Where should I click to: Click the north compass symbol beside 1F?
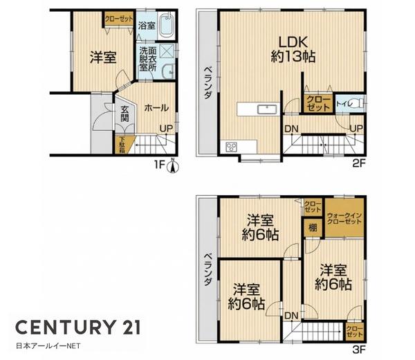click(x=172, y=166)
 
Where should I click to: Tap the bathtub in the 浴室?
click(x=166, y=25)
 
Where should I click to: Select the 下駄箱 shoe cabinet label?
click(x=122, y=145)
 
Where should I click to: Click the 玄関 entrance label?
click(x=125, y=114)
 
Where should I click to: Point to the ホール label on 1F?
click(x=156, y=108)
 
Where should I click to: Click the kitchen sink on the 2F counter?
click(x=267, y=109)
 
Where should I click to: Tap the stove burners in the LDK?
click(x=231, y=147)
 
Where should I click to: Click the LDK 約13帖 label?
click(x=293, y=50)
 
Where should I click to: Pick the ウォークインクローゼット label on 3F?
click(x=344, y=219)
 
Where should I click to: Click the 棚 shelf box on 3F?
click(x=313, y=228)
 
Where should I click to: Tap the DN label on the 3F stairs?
click(x=292, y=316)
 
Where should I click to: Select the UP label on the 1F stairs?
click(x=166, y=129)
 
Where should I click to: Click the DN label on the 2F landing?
click(x=292, y=129)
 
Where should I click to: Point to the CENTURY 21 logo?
click(x=77, y=327)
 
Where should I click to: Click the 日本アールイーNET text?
click(x=48, y=346)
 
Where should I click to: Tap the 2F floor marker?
click(x=359, y=163)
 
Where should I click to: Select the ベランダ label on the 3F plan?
click(x=208, y=269)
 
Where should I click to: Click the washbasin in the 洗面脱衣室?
click(x=168, y=72)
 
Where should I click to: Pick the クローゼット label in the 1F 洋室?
click(x=119, y=19)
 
